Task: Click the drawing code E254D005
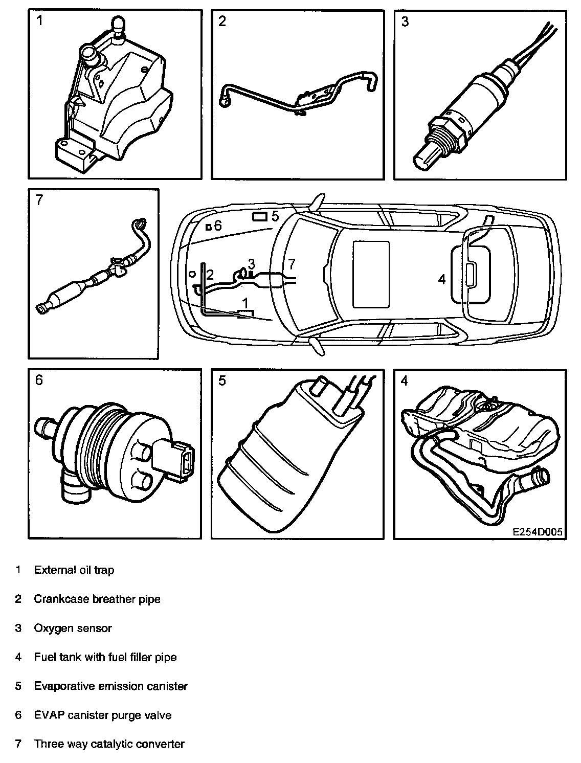(x=538, y=531)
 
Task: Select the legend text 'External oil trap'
(x=74, y=570)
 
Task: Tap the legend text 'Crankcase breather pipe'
(x=97, y=599)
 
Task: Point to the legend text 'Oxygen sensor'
(x=73, y=628)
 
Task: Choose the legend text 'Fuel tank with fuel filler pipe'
(x=105, y=657)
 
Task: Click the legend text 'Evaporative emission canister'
(x=110, y=686)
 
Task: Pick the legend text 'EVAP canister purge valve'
(x=103, y=715)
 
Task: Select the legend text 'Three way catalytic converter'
(x=109, y=744)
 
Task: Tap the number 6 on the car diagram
(x=218, y=226)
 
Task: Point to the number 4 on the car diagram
(x=442, y=279)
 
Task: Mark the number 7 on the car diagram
(x=292, y=264)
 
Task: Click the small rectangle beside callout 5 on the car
(x=260, y=217)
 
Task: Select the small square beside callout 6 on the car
(x=208, y=227)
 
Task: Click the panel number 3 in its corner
(x=405, y=23)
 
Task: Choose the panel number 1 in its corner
(x=39, y=21)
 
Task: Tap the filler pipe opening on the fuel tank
(x=540, y=477)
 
